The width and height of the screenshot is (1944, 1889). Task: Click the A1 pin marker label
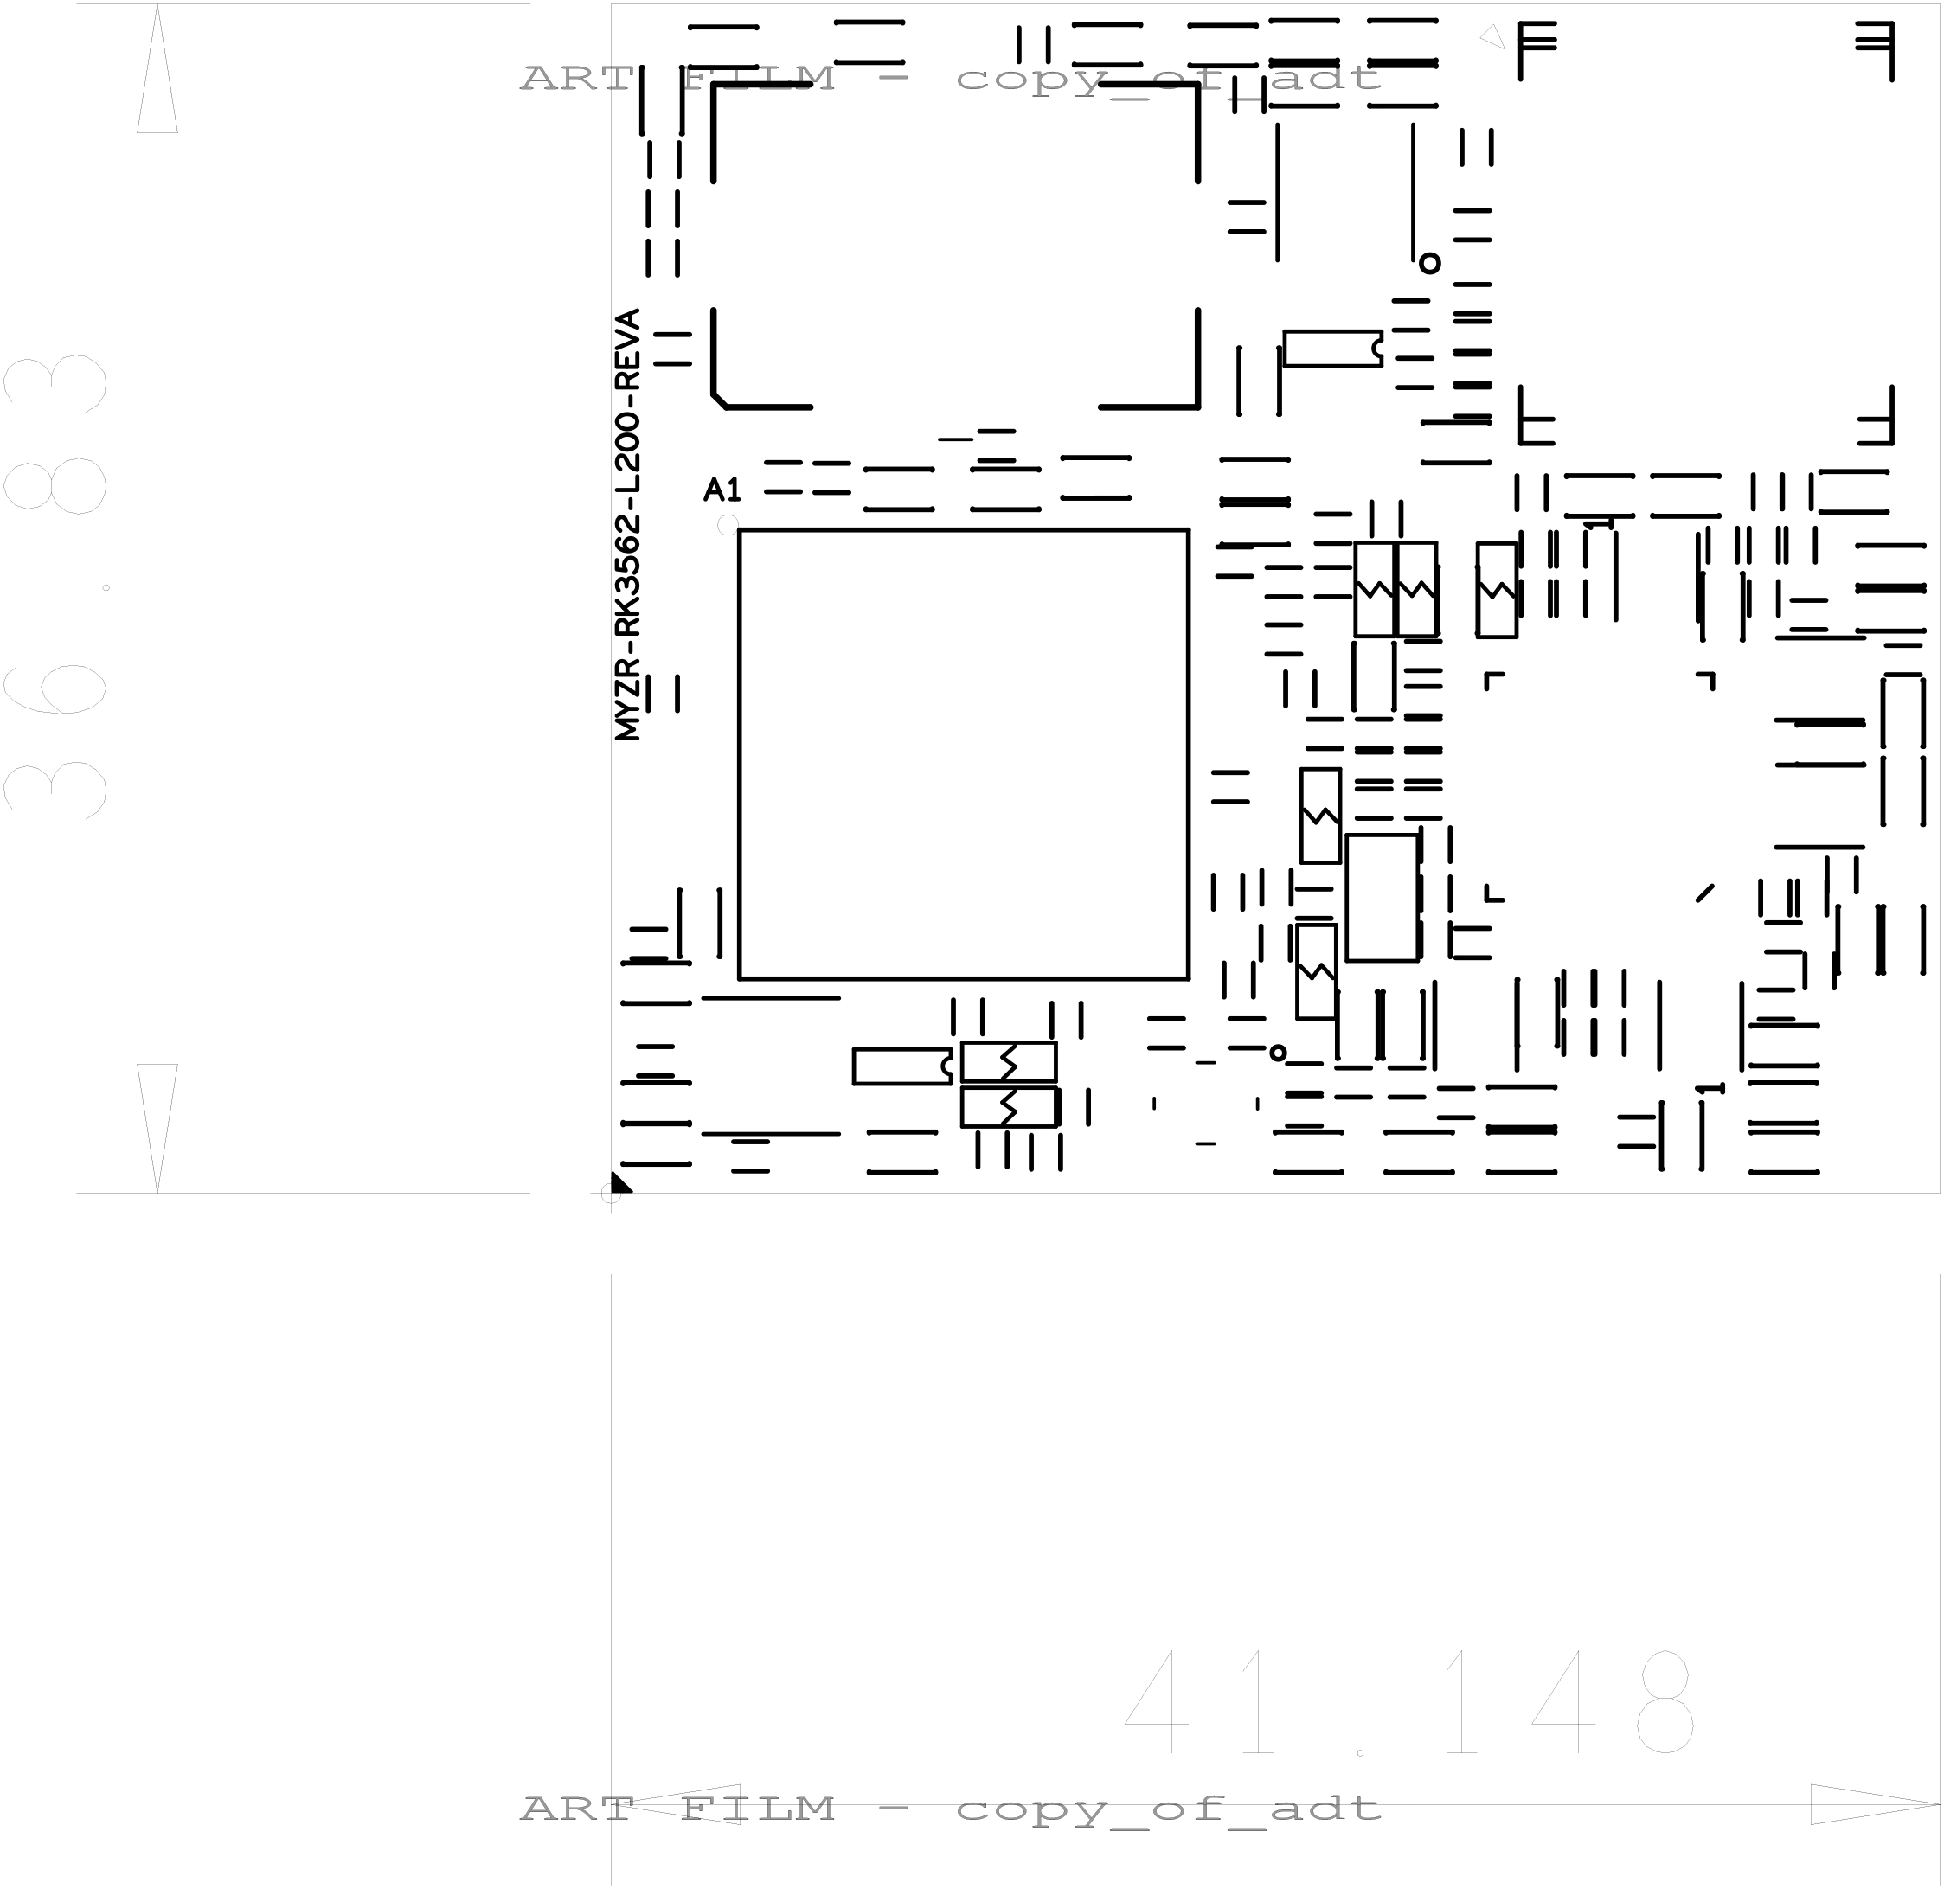[722, 490]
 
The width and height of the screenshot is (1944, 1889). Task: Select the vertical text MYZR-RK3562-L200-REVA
[627, 524]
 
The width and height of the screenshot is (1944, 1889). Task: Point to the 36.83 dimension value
[55, 587]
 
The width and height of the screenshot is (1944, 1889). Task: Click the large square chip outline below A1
[740, 754]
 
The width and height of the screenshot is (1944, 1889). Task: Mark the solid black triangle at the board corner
[619, 1181]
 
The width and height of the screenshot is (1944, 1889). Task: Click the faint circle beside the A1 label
[728, 525]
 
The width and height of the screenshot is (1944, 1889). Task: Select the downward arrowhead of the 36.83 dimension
[157, 1128]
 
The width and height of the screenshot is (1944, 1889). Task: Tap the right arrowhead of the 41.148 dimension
[1875, 1803]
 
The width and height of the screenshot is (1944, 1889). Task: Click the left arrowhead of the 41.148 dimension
[675, 1803]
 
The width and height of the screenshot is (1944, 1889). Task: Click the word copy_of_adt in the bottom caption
[1168, 1809]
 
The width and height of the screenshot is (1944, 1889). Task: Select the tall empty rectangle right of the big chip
[1382, 898]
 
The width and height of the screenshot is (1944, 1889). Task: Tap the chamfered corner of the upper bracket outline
[720, 400]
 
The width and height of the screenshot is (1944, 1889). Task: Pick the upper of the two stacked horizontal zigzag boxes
[1008, 1061]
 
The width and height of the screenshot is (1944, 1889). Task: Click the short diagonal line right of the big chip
[1705, 893]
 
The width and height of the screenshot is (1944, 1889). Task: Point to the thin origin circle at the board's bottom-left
[612, 1194]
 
